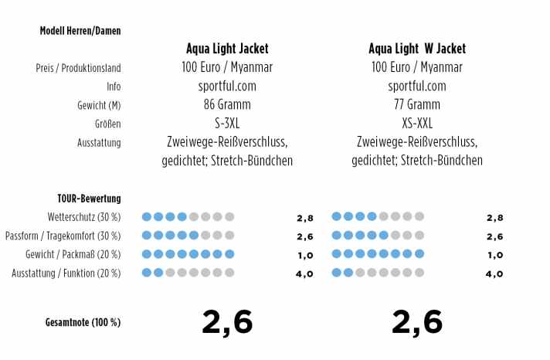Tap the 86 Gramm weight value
pyautogui.click(x=227, y=104)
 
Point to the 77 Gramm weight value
pyautogui.click(x=417, y=104)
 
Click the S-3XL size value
pyautogui.click(x=227, y=123)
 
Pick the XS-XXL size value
pyautogui.click(x=417, y=123)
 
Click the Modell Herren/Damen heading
pyautogui.click(x=80, y=31)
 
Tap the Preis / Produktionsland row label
pyautogui.click(x=78, y=68)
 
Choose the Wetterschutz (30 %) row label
pyautogui.click(x=84, y=218)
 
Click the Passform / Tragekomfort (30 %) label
pyautogui.click(x=63, y=236)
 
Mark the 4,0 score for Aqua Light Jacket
pyautogui.click(x=304, y=273)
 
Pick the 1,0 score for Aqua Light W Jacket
pyautogui.click(x=494, y=255)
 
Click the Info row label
pyautogui.click(x=114, y=87)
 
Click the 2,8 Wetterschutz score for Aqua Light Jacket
pyautogui.click(x=304, y=218)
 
